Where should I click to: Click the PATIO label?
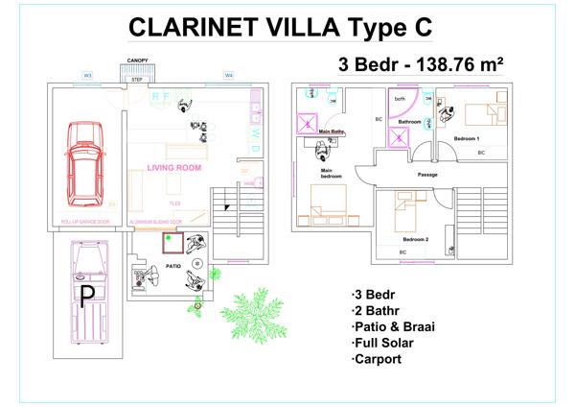[173, 266]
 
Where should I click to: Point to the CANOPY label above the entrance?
[138, 60]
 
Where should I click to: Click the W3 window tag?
[87, 74]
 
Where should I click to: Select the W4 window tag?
[228, 74]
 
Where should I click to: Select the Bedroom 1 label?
[467, 139]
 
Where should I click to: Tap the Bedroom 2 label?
[415, 238]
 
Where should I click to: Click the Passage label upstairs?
[428, 175]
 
